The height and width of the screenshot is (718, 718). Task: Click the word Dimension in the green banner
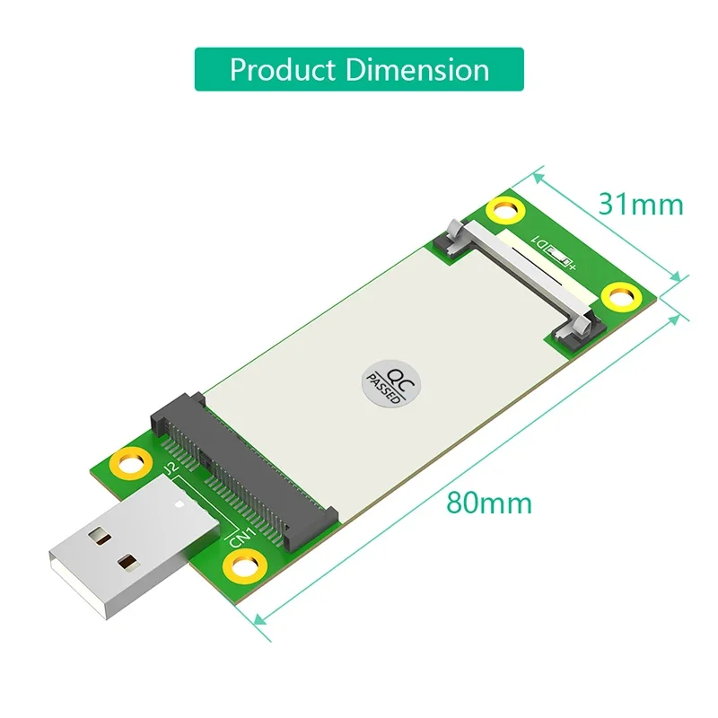(x=427, y=69)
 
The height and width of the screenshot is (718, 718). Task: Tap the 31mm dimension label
(x=641, y=205)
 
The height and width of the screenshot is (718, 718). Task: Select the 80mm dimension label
(x=489, y=502)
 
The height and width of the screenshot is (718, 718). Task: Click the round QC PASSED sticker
(x=381, y=384)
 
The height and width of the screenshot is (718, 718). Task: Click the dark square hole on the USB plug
(x=128, y=565)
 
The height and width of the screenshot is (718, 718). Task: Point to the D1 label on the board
(x=542, y=241)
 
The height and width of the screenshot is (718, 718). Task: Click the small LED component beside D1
(x=565, y=261)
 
